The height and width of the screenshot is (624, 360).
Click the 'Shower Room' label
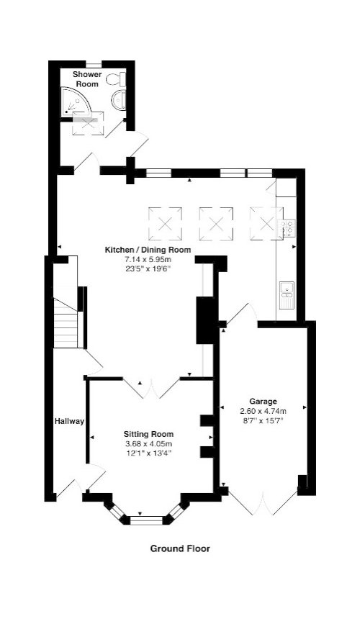pyautogui.click(x=86, y=78)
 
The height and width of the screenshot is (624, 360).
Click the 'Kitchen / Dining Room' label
pyautogui.click(x=148, y=249)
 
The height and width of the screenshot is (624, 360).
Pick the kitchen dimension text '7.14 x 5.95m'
pyautogui.click(x=148, y=258)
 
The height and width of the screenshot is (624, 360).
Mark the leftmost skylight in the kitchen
pyautogui.click(x=166, y=222)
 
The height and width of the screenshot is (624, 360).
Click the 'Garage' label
pyautogui.click(x=264, y=401)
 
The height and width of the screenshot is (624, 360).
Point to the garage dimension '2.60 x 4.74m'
pyautogui.click(x=264, y=411)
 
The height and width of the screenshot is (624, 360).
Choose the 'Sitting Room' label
pyautogui.click(x=148, y=434)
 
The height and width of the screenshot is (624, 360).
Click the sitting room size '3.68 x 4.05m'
pyautogui.click(x=148, y=443)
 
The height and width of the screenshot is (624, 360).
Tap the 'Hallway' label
pyautogui.click(x=69, y=422)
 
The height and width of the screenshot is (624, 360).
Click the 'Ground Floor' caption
pyautogui.click(x=180, y=548)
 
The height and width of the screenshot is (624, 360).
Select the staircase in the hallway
pyautogui.click(x=66, y=317)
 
